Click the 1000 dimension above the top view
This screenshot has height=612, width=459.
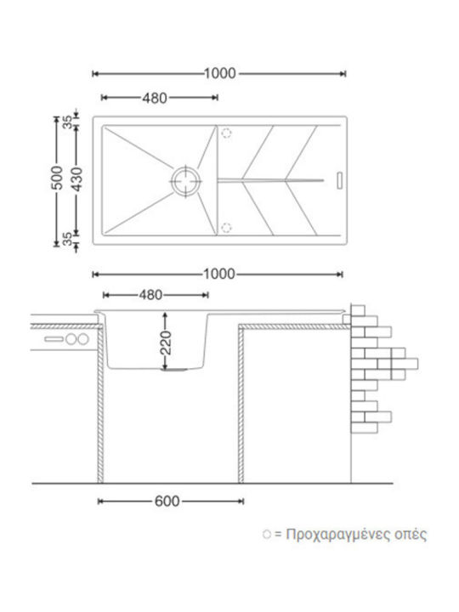220,73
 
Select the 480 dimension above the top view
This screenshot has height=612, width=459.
155,98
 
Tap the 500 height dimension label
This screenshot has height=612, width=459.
57,178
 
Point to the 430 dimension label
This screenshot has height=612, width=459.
77,178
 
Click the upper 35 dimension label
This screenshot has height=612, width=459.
68,122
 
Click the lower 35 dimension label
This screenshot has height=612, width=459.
68,239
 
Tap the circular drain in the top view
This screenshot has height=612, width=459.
186,181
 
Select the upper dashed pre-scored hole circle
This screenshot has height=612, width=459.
226,133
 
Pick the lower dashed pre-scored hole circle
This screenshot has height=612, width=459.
226,227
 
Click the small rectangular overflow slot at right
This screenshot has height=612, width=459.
339,181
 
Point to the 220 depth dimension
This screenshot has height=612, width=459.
166,343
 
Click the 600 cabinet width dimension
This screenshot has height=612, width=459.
167,501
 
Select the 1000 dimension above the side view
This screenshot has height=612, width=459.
219,275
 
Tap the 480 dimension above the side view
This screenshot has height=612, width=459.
150,295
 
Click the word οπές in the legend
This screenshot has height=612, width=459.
411,535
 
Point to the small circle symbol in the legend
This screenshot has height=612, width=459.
267,535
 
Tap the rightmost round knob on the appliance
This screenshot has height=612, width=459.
83,339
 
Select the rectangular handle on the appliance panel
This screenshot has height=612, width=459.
54,339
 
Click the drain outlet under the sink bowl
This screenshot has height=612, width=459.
175,370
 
